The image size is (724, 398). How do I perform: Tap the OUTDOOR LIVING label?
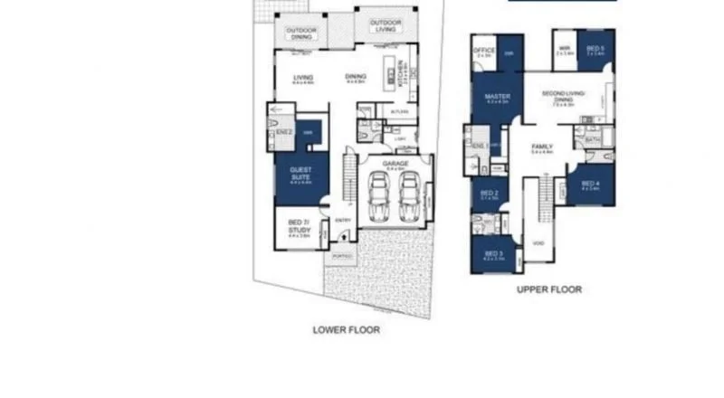(x=386, y=26)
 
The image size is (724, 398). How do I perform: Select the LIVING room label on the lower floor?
(x=302, y=79)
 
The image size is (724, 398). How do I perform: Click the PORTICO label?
(x=342, y=257)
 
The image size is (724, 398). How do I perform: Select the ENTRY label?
(x=344, y=220)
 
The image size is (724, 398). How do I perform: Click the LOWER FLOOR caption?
(x=346, y=330)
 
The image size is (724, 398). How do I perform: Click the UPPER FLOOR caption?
(x=548, y=289)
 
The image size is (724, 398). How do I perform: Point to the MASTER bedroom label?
(x=497, y=98)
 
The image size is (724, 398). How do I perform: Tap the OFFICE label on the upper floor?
(x=483, y=50)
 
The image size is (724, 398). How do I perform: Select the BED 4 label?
(x=590, y=184)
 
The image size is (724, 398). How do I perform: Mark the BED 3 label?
(x=493, y=254)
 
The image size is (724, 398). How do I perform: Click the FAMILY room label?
(x=543, y=147)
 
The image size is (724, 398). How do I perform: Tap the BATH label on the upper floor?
(x=594, y=140)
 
